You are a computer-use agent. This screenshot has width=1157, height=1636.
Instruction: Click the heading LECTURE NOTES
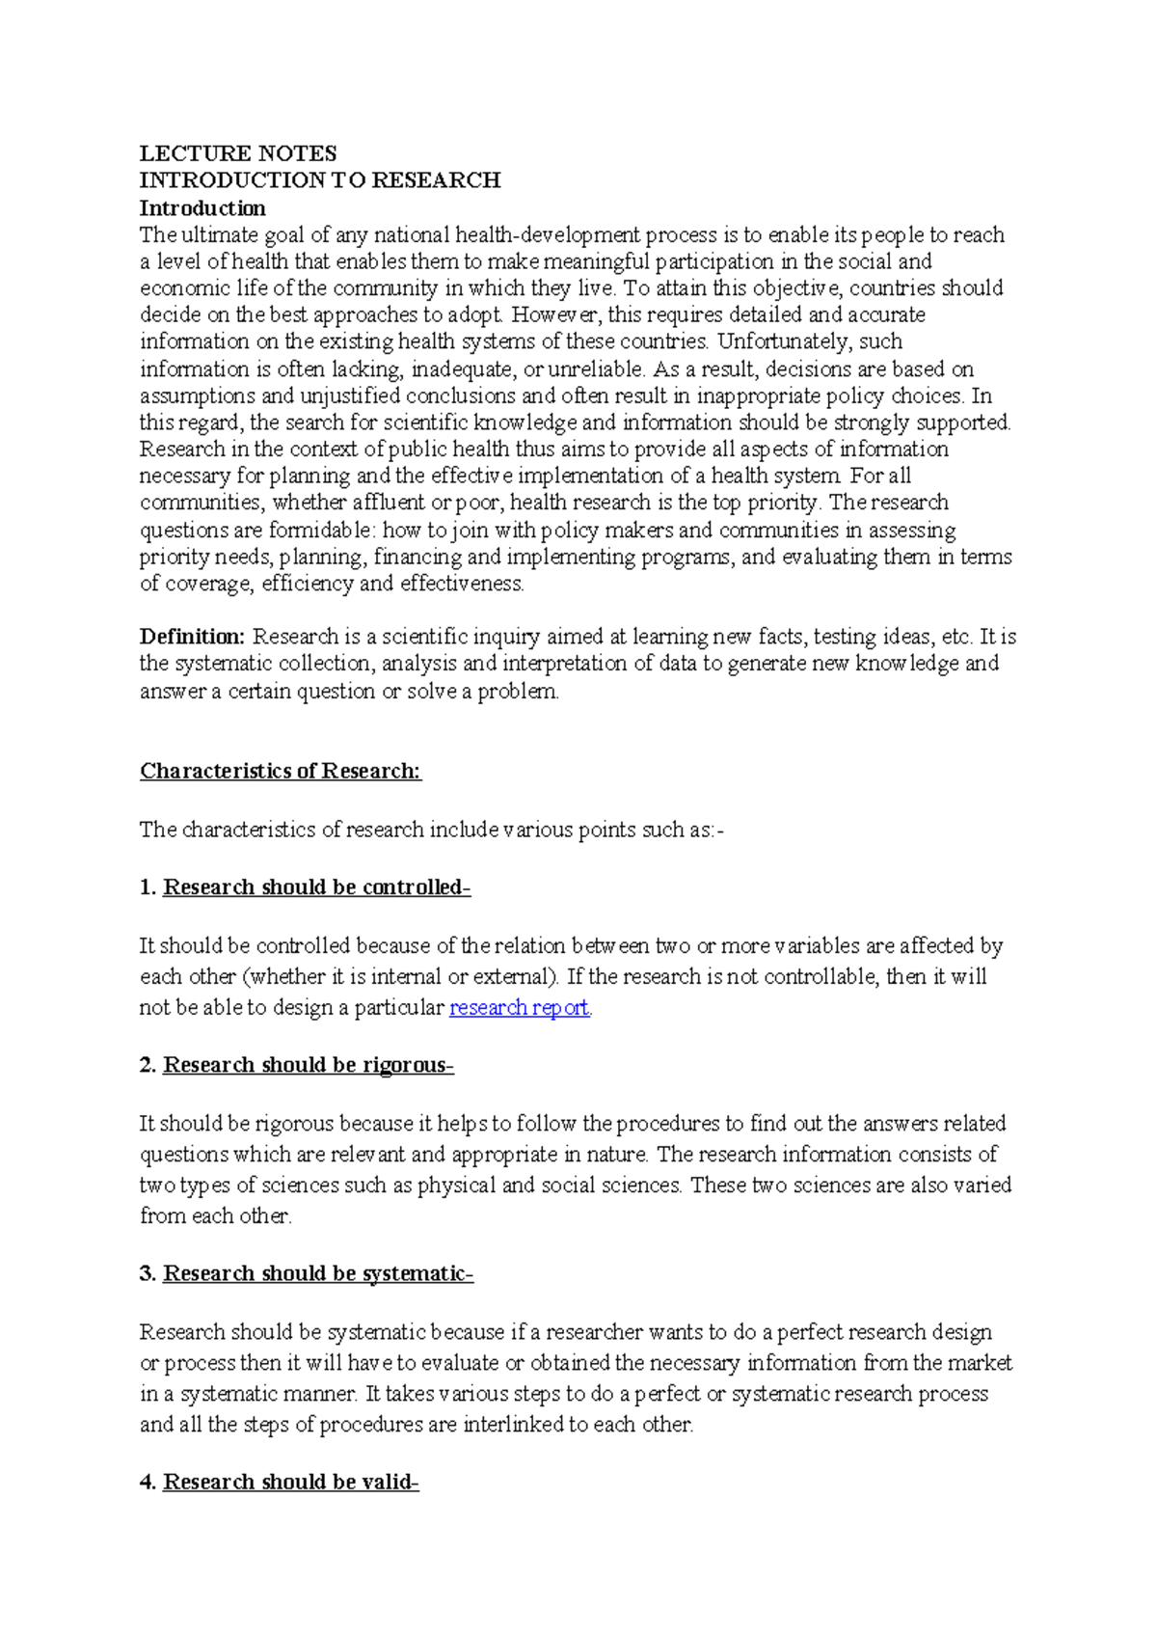click(x=238, y=153)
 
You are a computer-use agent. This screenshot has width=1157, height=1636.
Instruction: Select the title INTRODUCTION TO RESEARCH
click(x=320, y=180)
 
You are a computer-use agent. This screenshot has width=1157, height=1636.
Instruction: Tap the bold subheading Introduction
click(x=202, y=208)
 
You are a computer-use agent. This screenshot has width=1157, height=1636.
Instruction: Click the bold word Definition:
click(x=193, y=637)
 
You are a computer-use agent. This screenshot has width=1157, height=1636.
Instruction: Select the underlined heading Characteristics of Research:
click(x=281, y=771)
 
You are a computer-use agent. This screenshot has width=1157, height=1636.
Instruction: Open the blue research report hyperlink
click(x=520, y=1008)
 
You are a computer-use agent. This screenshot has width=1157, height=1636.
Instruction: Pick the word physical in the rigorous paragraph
click(x=456, y=1186)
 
